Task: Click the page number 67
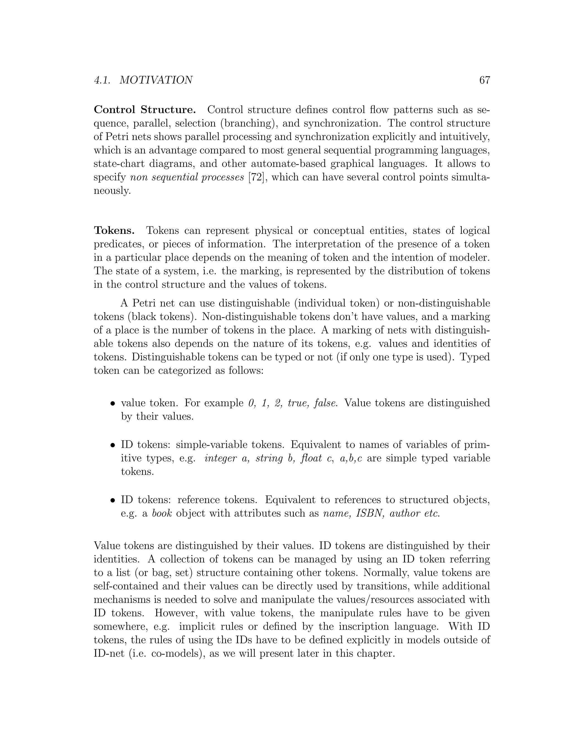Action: click(484, 80)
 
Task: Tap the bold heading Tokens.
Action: click(114, 231)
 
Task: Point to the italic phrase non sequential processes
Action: click(187, 177)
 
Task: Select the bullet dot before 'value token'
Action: click(113, 404)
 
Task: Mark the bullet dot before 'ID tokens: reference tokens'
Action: click(113, 500)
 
